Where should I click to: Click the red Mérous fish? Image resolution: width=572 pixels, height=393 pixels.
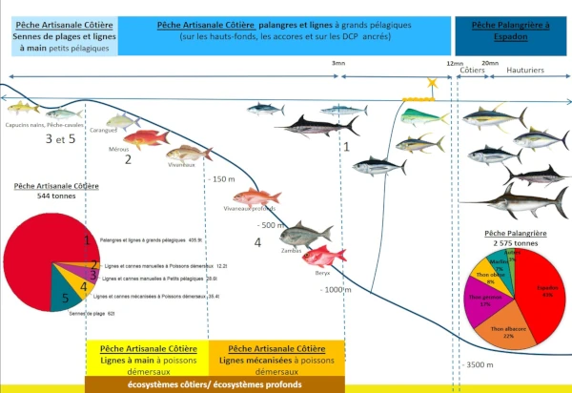(145, 140)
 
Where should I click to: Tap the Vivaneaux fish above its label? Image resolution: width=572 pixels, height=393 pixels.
(188, 153)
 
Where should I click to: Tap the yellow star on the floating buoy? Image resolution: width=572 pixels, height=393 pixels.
(433, 85)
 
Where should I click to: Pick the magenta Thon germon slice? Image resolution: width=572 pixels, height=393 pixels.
(482, 303)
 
